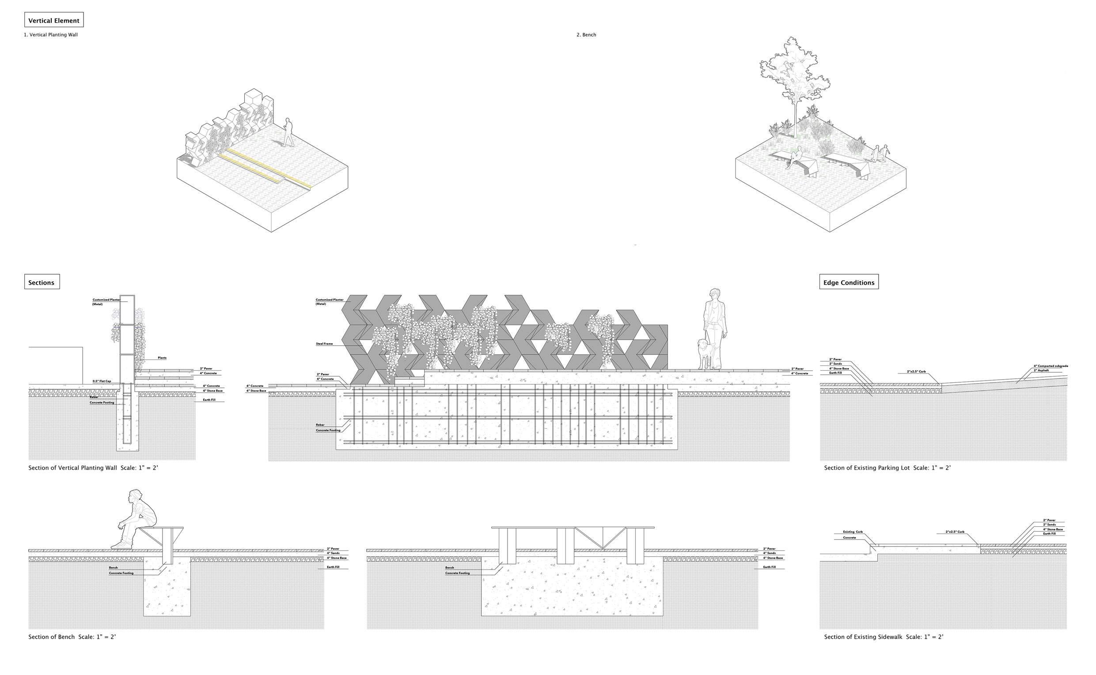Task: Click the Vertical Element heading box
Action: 53,20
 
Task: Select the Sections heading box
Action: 42,282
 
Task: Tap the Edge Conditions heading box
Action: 849,282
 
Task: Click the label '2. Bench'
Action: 586,35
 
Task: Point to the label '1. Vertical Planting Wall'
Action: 51,35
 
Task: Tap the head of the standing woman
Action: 713,294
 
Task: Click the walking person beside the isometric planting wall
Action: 288,132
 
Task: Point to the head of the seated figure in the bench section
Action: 135,497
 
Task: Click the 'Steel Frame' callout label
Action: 324,344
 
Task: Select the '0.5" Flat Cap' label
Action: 102,381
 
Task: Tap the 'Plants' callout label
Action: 162,358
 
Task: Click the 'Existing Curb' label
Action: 853,532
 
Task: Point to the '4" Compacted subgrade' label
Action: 1050,366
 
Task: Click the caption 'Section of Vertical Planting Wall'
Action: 72,468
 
